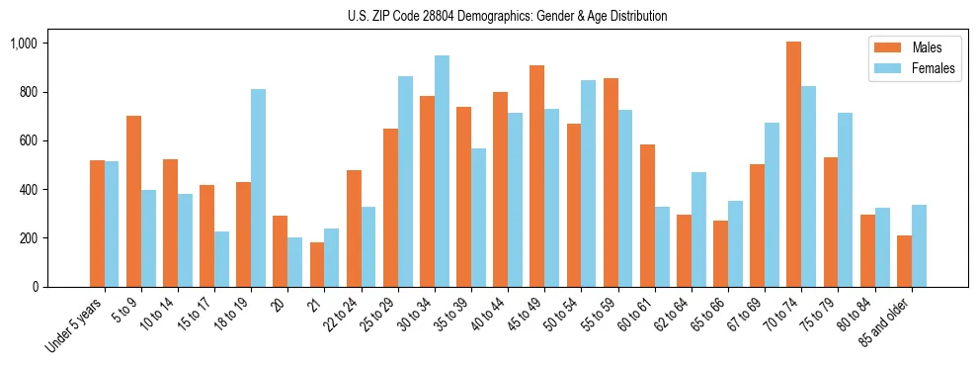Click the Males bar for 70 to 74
(x=794, y=164)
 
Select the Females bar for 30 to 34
(x=443, y=171)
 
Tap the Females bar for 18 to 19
(x=259, y=188)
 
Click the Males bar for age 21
(x=317, y=264)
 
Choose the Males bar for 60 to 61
(x=647, y=216)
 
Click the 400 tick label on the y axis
(x=29, y=190)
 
